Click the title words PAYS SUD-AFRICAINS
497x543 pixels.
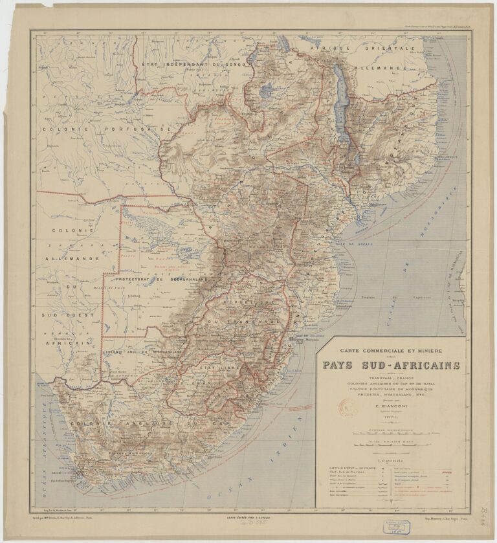(x=391, y=366)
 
